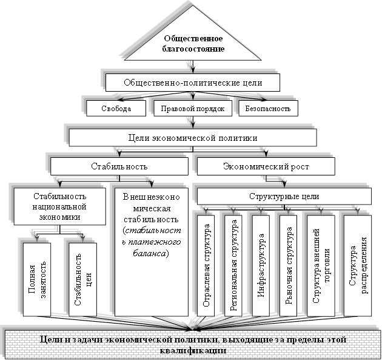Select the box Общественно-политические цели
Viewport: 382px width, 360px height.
click(x=193, y=82)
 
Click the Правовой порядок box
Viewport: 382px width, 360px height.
click(x=193, y=109)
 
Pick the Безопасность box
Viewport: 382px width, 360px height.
click(x=265, y=109)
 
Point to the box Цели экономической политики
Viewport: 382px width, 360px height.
click(x=193, y=138)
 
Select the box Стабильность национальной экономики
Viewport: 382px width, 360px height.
click(x=59, y=207)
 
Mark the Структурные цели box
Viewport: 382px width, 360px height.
click(x=284, y=197)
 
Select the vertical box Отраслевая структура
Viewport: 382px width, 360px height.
click(x=207, y=265)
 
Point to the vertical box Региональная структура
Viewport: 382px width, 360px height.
click(x=234, y=265)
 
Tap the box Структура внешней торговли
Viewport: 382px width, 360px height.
click(x=321, y=265)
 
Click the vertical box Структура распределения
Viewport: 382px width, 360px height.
click(x=357, y=265)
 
